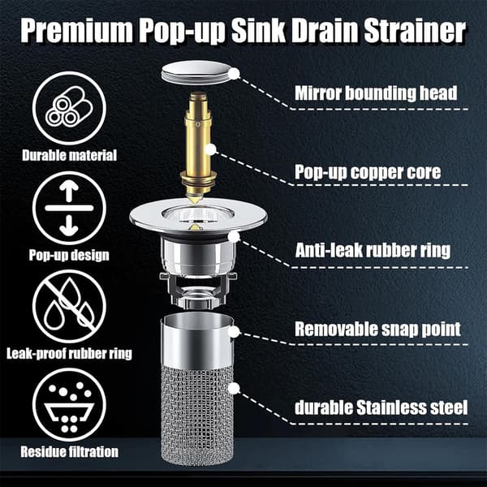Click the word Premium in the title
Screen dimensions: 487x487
click(x=77, y=31)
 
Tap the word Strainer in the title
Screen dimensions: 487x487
click(x=415, y=31)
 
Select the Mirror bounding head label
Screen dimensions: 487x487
click(x=376, y=93)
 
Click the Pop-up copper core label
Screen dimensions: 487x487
click(x=368, y=172)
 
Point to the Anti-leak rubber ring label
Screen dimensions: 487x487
click(x=373, y=250)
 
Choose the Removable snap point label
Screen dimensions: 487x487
click(x=377, y=329)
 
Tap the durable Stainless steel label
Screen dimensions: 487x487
click(x=381, y=407)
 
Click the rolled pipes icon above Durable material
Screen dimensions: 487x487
click(x=69, y=108)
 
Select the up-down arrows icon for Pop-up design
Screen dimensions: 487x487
click(x=69, y=208)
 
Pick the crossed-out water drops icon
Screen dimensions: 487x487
click(x=69, y=307)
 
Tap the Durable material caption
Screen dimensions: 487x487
click(x=69, y=155)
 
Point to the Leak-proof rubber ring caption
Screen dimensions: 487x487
click(x=69, y=353)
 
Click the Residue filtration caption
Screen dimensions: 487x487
click(x=69, y=451)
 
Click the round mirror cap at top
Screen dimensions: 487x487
click(x=197, y=73)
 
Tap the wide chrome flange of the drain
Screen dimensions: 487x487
click(x=198, y=216)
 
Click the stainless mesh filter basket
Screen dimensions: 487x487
click(x=197, y=390)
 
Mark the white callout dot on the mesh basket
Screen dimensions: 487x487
click(x=235, y=388)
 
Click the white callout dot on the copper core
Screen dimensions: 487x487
click(x=211, y=149)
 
